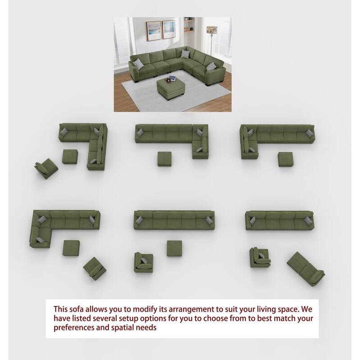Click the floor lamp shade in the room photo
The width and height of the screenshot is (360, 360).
coord(211,30)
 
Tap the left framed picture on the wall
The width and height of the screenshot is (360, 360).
coord(153,31)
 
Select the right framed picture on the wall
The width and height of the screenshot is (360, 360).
coord(168,29)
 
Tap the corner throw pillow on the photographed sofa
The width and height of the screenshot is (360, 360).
coord(185,54)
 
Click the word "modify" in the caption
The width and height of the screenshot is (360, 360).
coord(144,309)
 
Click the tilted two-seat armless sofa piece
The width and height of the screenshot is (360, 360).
coord(306,269)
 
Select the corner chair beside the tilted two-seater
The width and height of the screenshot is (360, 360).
coord(260,257)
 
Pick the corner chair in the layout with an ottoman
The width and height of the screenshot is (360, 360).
coord(144,262)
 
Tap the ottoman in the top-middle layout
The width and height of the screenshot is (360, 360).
coord(164,159)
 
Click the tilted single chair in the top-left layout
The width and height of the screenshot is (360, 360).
coord(46,168)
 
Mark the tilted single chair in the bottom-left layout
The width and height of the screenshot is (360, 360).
coord(95,269)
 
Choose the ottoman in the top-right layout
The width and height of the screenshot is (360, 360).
coord(285,159)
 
